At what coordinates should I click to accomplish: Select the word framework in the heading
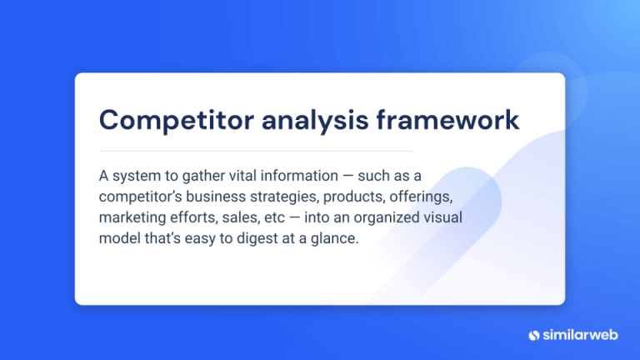(x=447, y=120)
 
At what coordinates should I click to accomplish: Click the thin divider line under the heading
(x=255, y=151)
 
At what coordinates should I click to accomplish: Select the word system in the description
(x=136, y=176)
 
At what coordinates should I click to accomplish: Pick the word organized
(x=383, y=218)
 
